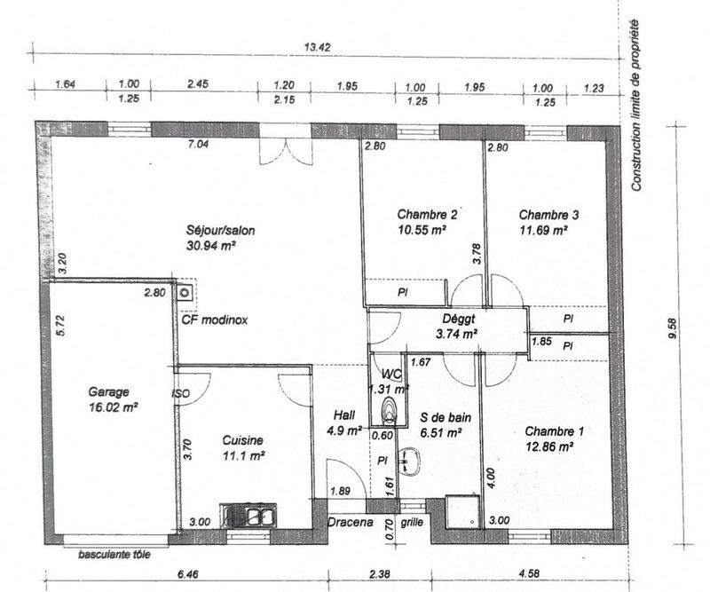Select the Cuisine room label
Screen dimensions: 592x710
[x=242, y=439]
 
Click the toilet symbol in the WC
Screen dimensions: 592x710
[x=388, y=411]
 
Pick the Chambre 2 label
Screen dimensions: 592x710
[x=427, y=214]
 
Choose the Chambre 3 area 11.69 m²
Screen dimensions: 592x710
[x=542, y=230]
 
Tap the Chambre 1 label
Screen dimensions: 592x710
[x=555, y=431]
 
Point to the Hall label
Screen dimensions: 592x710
[x=344, y=414]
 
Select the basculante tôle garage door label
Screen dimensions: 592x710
[x=114, y=556]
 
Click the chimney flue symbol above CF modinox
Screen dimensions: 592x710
[x=185, y=292]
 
